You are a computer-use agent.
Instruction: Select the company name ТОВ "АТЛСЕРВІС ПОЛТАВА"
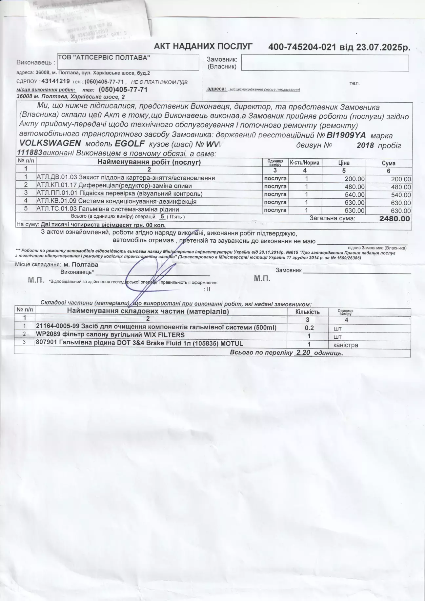pos(104,58)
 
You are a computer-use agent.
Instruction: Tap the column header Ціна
pos(344,163)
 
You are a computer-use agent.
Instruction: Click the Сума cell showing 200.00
pos(401,179)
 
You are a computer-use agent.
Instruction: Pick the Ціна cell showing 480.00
pos(354,187)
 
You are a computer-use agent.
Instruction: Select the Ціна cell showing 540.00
pos(354,195)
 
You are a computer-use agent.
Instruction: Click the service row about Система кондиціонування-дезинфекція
pos(116,202)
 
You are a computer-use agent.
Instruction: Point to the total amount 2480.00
pos(395,219)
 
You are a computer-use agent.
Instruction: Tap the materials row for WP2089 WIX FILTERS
pos(110,335)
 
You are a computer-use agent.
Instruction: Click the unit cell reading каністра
pos(346,345)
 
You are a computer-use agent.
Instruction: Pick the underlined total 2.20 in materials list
pos(302,353)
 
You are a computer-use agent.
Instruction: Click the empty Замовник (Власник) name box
pos(325,63)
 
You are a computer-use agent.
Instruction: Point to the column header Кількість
pos(307,312)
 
